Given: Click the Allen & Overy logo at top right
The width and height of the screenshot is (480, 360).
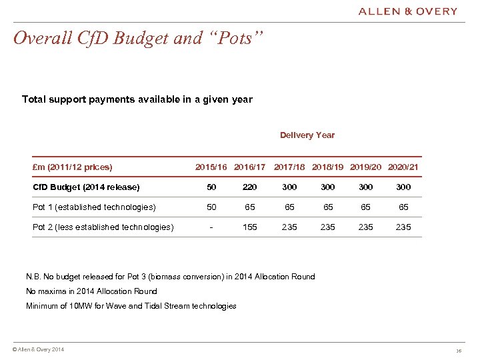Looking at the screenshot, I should coord(407,11).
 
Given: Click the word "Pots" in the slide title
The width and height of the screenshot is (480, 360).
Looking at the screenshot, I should coord(238,39).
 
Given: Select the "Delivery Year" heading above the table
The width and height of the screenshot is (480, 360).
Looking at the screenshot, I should coord(307,135).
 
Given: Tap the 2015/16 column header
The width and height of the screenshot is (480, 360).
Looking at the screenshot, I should coord(211,167).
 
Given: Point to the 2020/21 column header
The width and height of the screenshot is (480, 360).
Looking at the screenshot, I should coord(403,167).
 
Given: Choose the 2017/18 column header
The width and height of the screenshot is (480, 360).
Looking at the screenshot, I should coord(290,167).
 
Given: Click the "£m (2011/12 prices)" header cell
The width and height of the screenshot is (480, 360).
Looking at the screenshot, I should coord(73,167).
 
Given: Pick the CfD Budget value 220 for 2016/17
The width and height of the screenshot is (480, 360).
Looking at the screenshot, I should coord(250,187).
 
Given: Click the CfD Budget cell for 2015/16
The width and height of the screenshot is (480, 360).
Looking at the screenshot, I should coord(211,187).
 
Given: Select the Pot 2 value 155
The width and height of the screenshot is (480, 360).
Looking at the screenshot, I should coord(250,227).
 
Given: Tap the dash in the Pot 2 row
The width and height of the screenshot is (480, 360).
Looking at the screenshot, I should coord(211,227).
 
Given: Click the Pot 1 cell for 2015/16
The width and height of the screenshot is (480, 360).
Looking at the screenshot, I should coord(211,207).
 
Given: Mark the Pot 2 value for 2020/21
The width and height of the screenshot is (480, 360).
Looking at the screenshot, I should coord(403,227).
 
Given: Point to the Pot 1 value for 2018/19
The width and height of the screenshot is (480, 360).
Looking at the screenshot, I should coord(327,207).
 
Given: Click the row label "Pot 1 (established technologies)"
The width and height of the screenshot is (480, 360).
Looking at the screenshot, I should coord(94,207).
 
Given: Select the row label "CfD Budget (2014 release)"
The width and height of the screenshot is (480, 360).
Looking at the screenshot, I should coord(86,187).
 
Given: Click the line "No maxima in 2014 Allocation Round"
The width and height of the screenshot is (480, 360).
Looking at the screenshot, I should coord(91,291).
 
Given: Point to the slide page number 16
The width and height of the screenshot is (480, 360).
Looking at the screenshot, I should coord(459,351).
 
